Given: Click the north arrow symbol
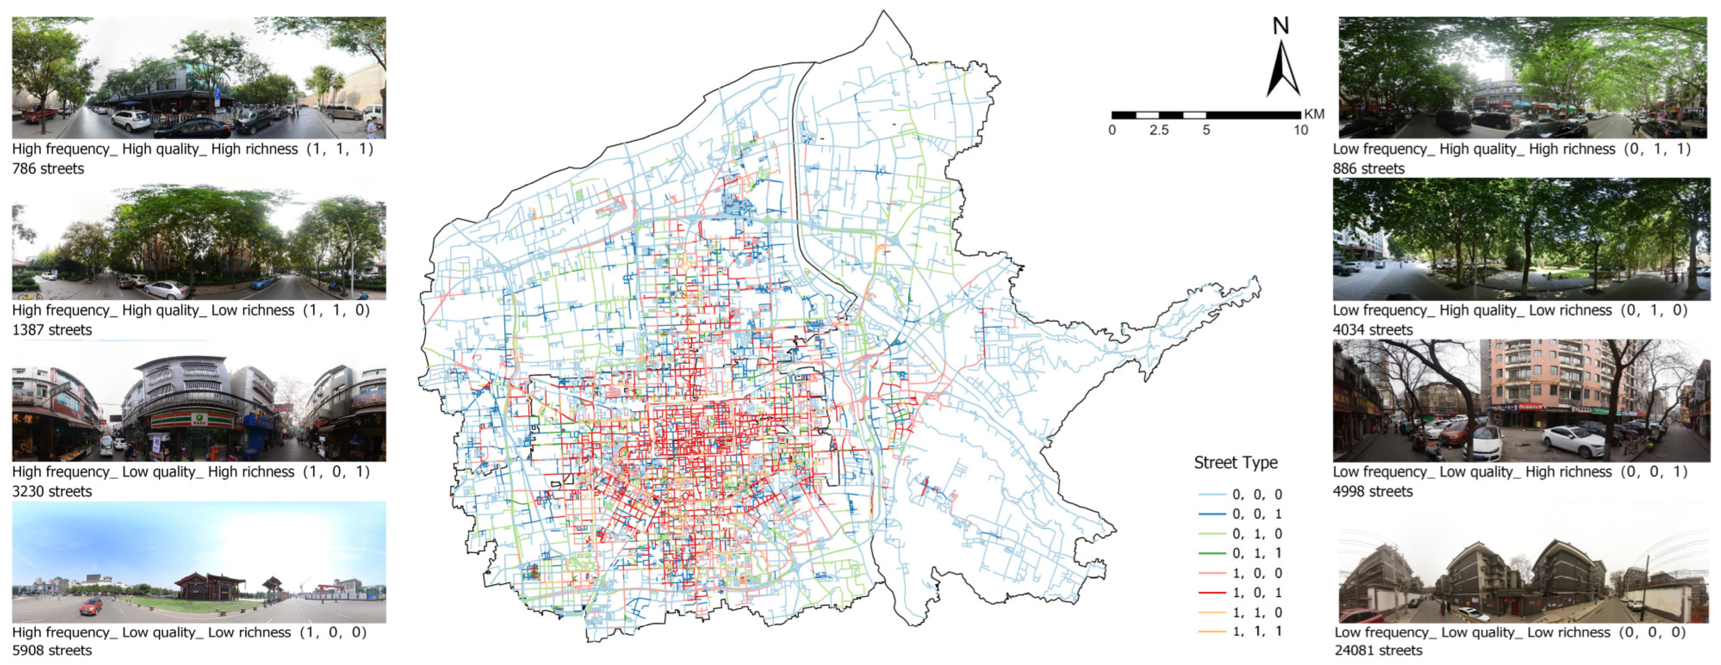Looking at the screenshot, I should (x=1282, y=70).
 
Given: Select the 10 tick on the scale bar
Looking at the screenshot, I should (x=1300, y=130).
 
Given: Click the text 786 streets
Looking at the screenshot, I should (x=48, y=169).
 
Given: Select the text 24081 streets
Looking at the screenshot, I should (x=1378, y=650).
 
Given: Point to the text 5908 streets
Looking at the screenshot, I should (x=52, y=650).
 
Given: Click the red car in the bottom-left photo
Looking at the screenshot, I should (x=91, y=606).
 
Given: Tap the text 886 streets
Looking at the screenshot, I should (x=1368, y=169).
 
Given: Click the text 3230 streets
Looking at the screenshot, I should (x=52, y=491).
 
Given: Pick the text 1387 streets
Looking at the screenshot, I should (x=52, y=330).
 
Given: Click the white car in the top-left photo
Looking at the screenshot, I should (x=131, y=120).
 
